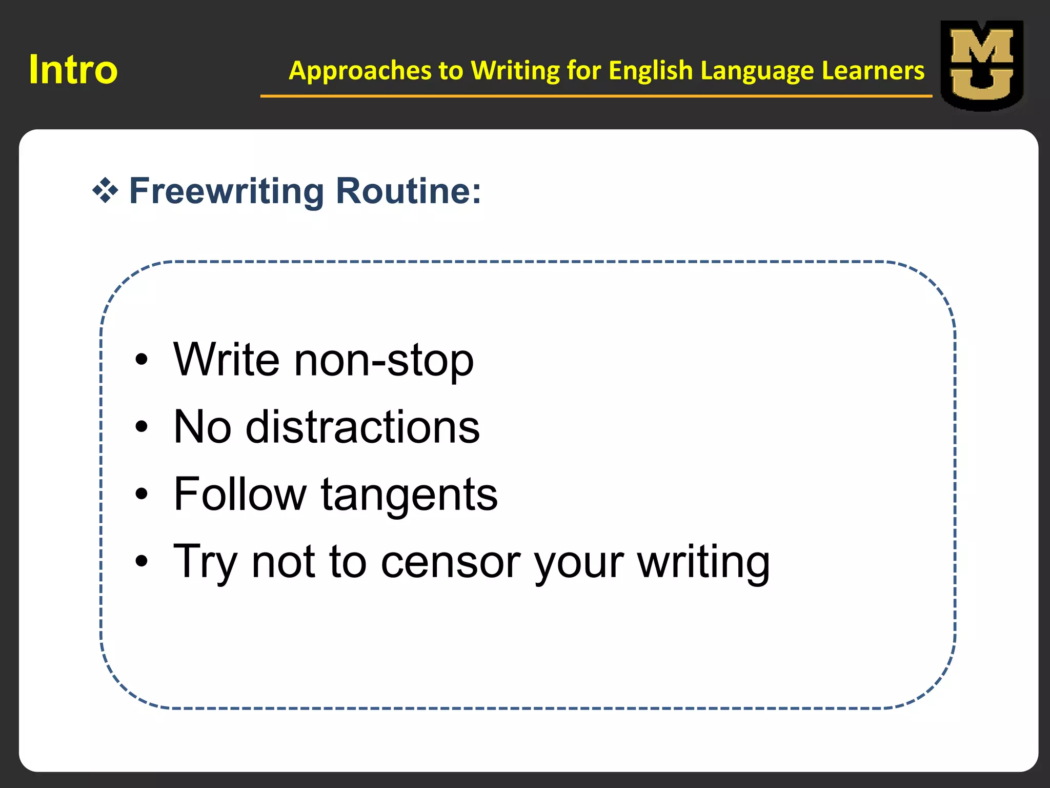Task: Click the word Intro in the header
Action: pyautogui.click(x=73, y=70)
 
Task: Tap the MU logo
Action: pyautogui.click(x=981, y=65)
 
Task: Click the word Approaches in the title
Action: pyautogui.click(x=360, y=71)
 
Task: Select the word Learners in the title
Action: pyautogui.click(x=873, y=70)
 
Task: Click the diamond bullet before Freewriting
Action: pyautogui.click(x=105, y=191)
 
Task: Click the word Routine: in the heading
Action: pyautogui.click(x=409, y=191)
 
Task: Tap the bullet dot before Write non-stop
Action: pyautogui.click(x=142, y=360)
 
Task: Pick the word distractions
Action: pyautogui.click(x=362, y=427)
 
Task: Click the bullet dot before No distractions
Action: pyautogui.click(x=142, y=427)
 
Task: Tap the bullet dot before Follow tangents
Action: pyautogui.click(x=142, y=494)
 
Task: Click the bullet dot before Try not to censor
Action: pyautogui.click(x=142, y=561)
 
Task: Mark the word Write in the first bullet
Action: pyautogui.click(x=227, y=359)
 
